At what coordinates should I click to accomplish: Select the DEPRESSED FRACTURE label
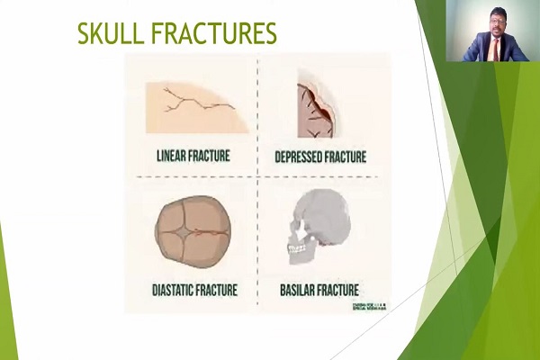pyautogui.click(x=320, y=157)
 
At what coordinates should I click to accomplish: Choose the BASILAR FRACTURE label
pyautogui.click(x=319, y=290)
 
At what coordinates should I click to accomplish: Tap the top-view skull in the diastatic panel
pyautogui.click(x=189, y=230)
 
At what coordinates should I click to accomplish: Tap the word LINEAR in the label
pyautogui.click(x=169, y=156)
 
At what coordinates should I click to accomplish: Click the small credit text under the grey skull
pyautogui.click(x=368, y=307)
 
